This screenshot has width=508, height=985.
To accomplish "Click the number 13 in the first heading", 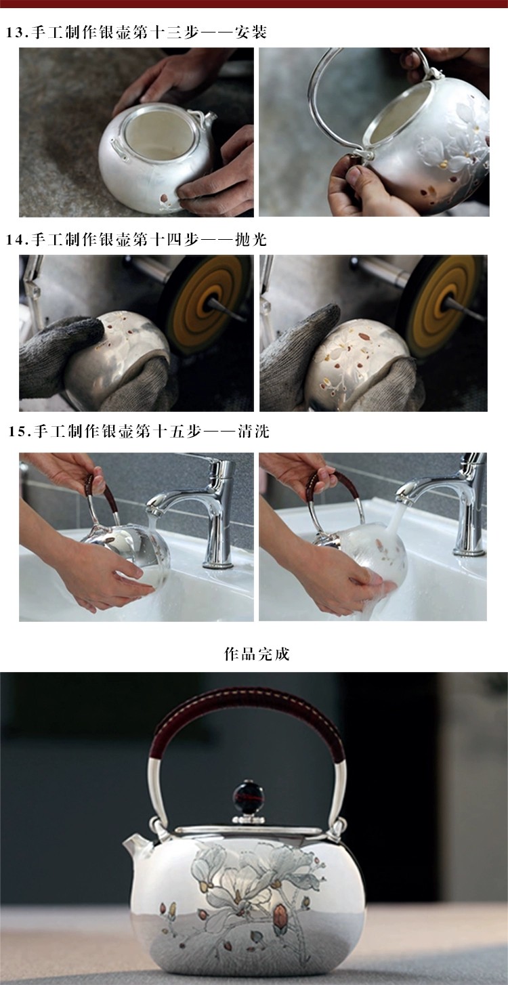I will (14, 33).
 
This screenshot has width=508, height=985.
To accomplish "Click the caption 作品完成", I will (257, 654).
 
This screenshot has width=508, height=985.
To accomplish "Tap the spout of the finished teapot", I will (136, 844).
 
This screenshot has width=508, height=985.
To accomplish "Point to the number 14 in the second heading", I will (14, 239).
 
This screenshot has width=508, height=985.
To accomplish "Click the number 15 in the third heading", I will (17, 432).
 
